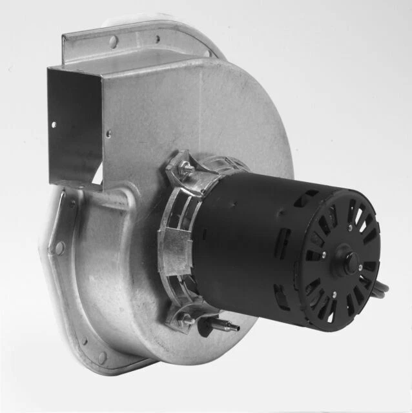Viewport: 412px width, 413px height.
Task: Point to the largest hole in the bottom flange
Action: [101, 357]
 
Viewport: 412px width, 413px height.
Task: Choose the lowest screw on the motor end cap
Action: [334, 296]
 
